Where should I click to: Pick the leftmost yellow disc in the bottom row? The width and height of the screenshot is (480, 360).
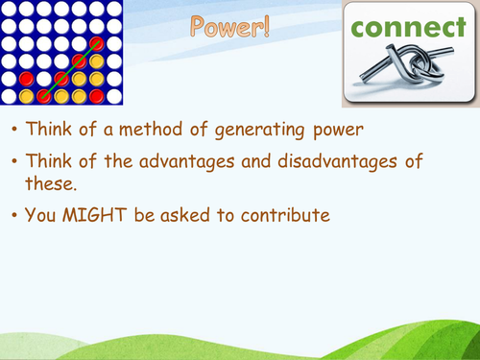[x=27, y=96]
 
